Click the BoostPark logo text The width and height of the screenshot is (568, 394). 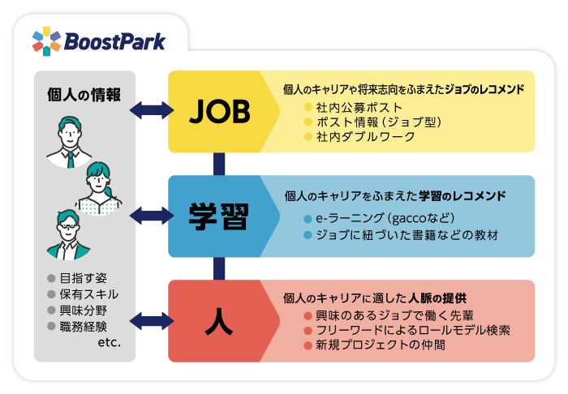(114, 42)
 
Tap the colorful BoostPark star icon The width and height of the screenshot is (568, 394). (46, 41)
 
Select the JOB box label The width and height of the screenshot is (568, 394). (220, 112)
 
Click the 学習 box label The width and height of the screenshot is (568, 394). (219, 216)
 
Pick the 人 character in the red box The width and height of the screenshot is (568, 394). (219, 321)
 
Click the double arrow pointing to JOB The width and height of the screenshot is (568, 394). (152, 110)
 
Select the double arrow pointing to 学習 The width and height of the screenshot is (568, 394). (152, 216)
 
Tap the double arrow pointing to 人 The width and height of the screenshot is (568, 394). (152, 321)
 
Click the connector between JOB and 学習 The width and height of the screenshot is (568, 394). (219, 164)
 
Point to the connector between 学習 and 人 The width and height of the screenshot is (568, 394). (219, 268)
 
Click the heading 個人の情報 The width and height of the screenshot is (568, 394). (84, 95)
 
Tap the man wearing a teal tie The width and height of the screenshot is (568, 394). (69, 142)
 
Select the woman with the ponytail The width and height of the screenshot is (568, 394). (98, 188)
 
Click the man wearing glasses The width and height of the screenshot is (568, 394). (68, 234)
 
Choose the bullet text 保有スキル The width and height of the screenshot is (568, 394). (89, 294)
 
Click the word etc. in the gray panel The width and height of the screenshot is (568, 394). (109, 342)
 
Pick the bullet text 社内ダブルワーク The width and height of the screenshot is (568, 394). (365, 137)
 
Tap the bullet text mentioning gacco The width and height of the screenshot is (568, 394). (385, 218)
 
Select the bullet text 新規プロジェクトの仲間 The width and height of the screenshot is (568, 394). (381, 345)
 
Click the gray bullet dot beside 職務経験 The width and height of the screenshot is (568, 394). (51, 327)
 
